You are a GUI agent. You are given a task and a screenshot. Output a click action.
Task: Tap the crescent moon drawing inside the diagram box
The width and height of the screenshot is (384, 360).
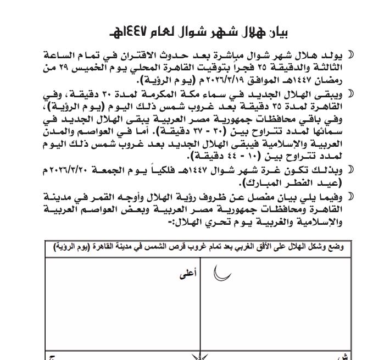click(221, 272)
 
